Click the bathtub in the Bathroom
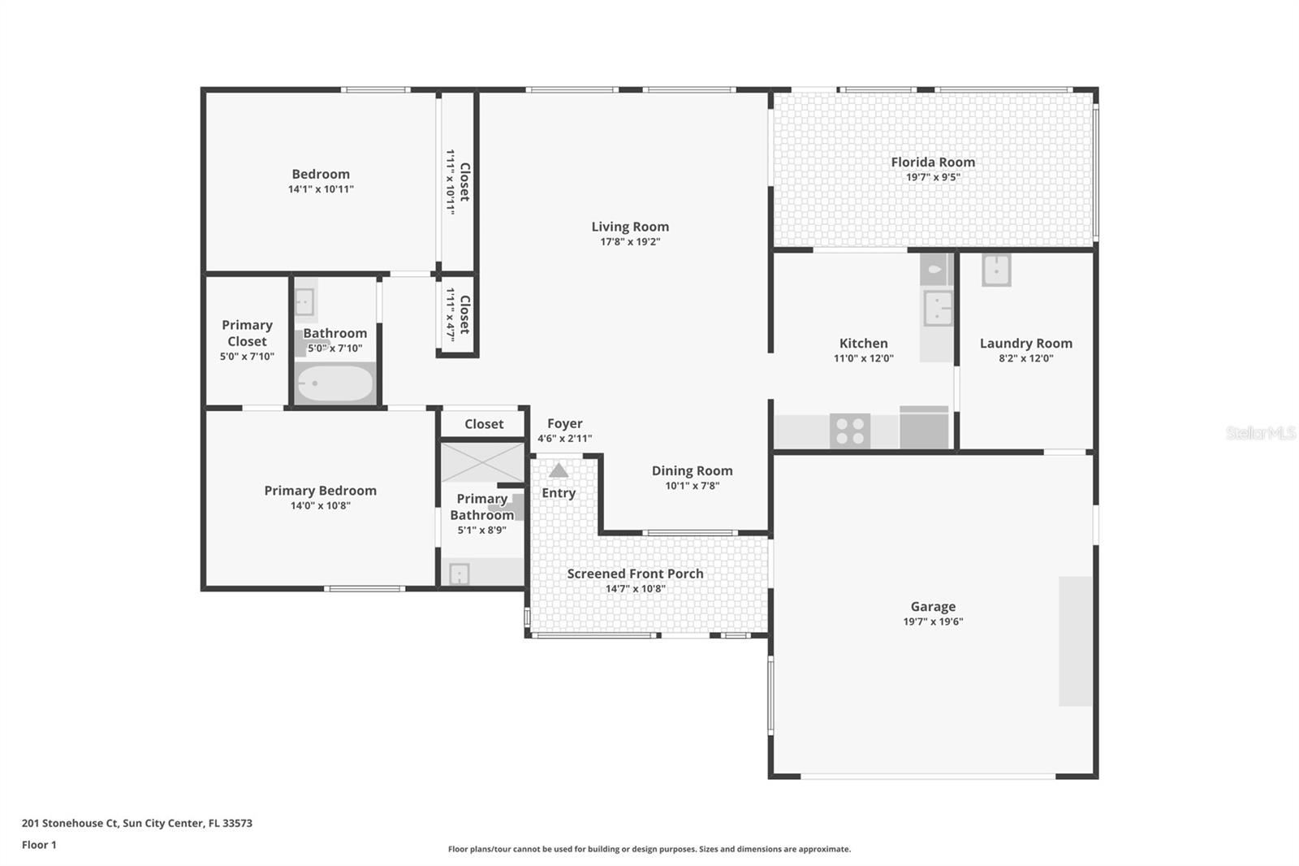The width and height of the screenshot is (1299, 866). (x=334, y=383)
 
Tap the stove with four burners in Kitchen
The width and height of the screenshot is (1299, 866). (x=849, y=431)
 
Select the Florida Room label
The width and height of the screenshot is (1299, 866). (x=933, y=162)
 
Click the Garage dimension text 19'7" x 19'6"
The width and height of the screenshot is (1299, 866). (x=933, y=621)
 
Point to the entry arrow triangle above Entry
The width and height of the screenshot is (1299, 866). (x=559, y=470)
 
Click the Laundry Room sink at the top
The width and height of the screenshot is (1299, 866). (x=996, y=270)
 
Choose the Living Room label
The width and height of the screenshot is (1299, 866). (x=630, y=227)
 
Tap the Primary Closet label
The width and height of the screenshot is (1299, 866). (x=247, y=333)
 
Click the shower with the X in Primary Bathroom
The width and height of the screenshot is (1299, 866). (x=482, y=462)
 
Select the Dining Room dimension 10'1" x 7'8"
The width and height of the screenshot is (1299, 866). (x=692, y=486)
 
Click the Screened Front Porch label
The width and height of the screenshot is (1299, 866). (x=635, y=574)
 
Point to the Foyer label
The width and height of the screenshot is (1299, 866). (x=564, y=423)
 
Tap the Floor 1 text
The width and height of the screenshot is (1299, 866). (x=39, y=845)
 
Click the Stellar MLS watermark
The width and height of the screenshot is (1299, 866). (x=1260, y=433)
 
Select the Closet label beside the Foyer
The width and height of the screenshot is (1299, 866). (x=484, y=424)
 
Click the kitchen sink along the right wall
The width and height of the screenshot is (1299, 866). (x=938, y=308)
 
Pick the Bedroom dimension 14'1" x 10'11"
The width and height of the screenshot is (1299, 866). (x=321, y=189)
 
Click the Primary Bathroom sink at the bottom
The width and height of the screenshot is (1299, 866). (x=460, y=574)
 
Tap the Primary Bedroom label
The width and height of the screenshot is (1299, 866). (x=320, y=491)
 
